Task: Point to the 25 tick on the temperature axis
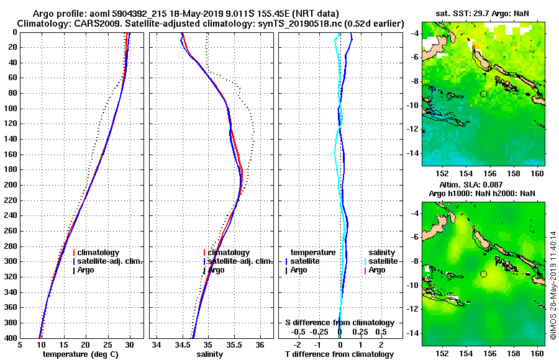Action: (x=108, y=344)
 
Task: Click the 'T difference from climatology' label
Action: (x=339, y=354)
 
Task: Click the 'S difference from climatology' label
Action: (x=339, y=323)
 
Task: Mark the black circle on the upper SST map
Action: (x=483, y=94)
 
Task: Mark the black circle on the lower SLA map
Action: (x=483, y=274)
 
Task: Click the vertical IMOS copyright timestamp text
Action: (x=553, y=286)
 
